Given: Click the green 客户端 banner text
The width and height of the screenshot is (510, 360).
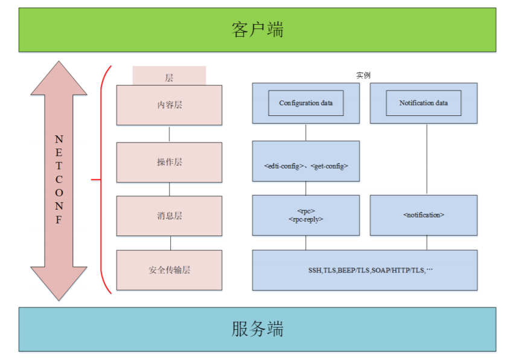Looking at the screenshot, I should pyautogui.click(x=257, y=30).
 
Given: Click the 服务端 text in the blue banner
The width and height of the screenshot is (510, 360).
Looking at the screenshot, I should pyautogui.click(x=257, y=329).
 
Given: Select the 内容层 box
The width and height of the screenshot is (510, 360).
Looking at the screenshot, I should pyautogui.click(x=169, y=104).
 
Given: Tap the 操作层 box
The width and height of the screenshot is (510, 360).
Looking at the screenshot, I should pyautogui.click(x=169, y=162).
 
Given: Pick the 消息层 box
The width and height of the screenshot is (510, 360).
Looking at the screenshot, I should pyautogui.click(x=169, y=216).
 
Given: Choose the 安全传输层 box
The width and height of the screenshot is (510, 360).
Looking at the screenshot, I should pyautogui.click(x=169, y=270).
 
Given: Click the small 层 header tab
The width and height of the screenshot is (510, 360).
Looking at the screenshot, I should pyautogui.click(x=169, y=76).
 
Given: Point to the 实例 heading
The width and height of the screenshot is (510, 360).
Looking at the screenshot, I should pyautogui.click(x=363, y=76).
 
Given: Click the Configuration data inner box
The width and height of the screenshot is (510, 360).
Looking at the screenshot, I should pyautogui.click(x=306, y=103).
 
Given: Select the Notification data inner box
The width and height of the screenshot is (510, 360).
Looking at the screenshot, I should pyautogui.click(x=423, y=103).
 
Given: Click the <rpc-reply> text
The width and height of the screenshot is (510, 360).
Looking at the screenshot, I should pyautogui.click(x=306, y=219).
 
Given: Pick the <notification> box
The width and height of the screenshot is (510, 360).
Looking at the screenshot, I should pyautogui.click(x=423, y=215).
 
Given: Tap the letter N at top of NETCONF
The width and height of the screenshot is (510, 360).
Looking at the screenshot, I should pyautogui.click(x=59, y=138).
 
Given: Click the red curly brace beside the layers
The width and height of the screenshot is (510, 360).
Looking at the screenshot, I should pyautogui.click(x=101, y=179).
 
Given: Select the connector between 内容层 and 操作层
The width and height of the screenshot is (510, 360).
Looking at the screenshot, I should pyautogui.click(x=170, y=133).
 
